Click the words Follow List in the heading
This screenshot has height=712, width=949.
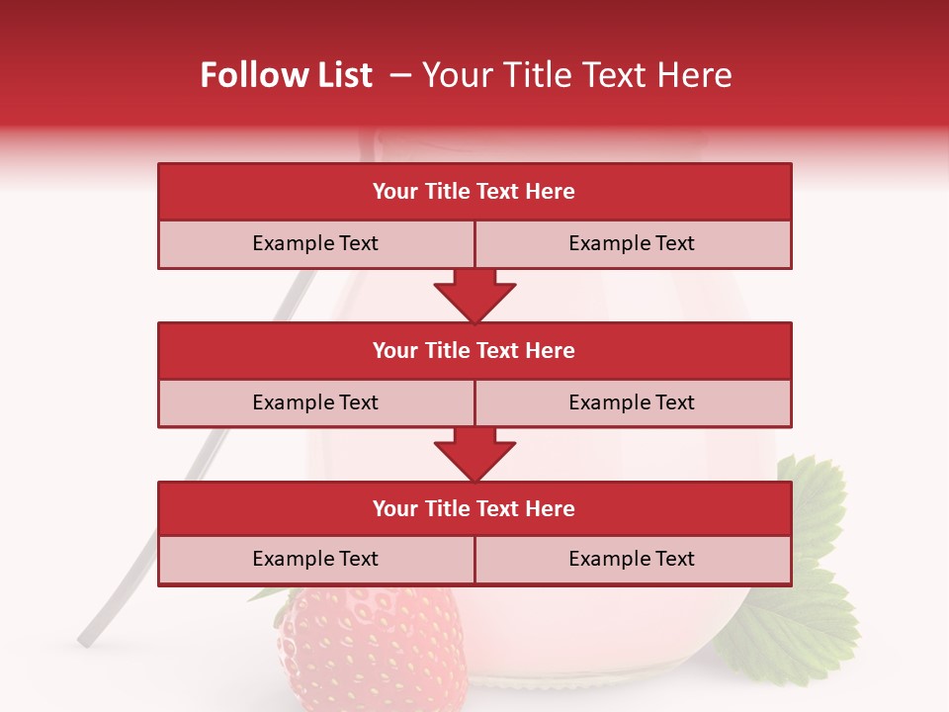(x=287, y=75)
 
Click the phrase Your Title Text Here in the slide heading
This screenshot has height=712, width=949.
(x=576, y=75)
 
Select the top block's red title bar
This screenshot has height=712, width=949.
(x=474, y=192)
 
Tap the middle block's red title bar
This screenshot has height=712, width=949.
(x=474, y=350)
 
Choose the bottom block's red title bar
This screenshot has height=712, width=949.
(x=474, y=508)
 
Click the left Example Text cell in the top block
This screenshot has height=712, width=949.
(x=315, y=243)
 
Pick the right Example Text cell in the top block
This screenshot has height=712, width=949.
(x=632, y=243)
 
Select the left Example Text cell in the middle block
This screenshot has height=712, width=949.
(x=315, y=402)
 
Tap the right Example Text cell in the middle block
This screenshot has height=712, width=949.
(x=632, y=402)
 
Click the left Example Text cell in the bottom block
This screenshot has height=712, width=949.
(x=315, y=559)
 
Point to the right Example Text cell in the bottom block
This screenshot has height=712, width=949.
(x=632, y=559)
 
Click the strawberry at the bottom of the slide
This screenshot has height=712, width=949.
(x=371, y=648)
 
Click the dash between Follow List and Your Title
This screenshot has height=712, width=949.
(x=400, y=75)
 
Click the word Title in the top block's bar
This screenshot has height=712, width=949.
(x=448, y=192)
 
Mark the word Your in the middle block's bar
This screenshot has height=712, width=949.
(x=395, y=350)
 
